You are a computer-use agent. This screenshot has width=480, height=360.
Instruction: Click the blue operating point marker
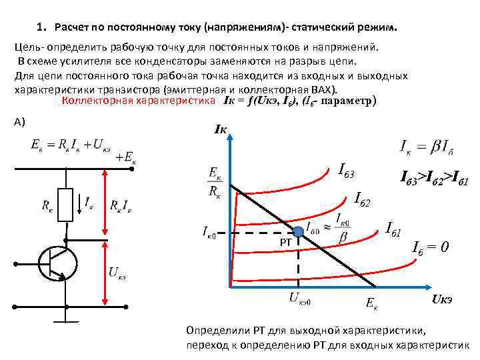coord(299,232)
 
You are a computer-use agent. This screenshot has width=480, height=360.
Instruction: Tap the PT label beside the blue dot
coord(285,243)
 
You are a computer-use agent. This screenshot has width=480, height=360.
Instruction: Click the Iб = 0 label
coord(431,247)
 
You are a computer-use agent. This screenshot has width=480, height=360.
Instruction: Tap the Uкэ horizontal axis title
coord(443,298)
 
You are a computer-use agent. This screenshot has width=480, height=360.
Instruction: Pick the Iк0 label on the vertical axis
coord(213,232)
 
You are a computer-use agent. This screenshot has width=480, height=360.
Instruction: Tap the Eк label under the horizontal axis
coord(372,303)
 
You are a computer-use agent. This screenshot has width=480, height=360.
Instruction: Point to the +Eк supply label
coord(125,157)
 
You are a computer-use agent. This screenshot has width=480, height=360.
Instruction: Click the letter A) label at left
coord(19,121)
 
